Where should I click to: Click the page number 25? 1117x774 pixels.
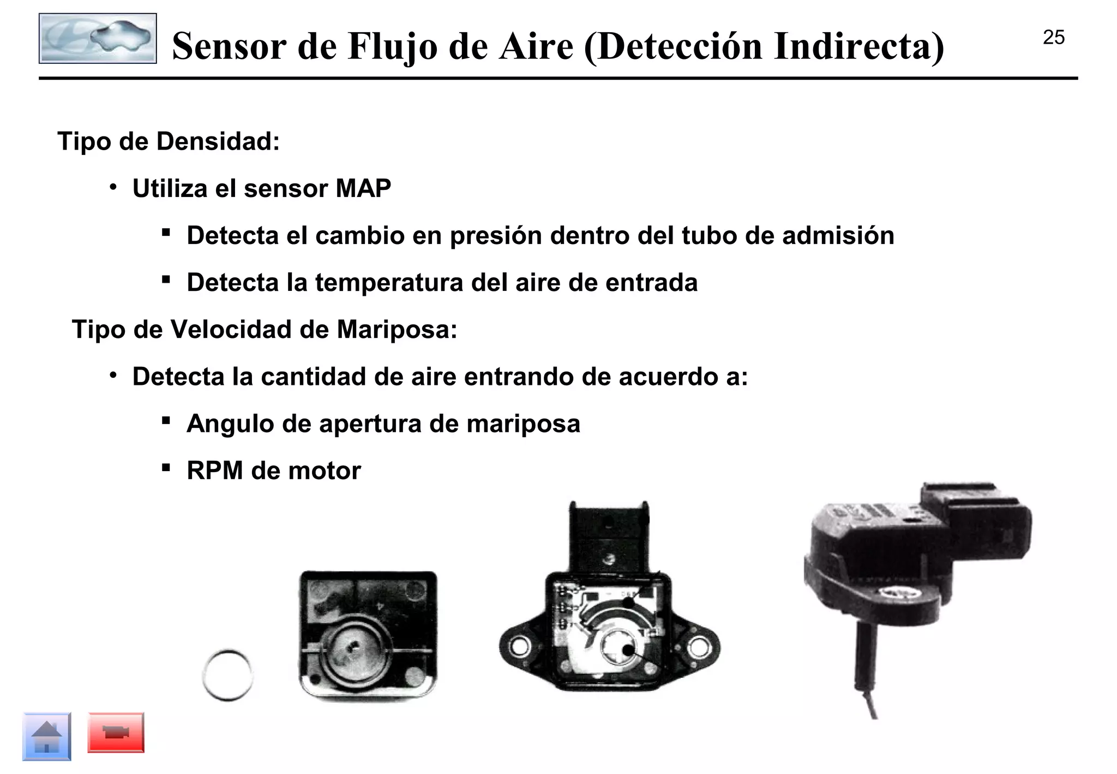click(1053, 38)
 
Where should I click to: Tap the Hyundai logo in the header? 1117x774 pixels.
click(98, 38)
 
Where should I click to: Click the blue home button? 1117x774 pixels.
click(47, 736)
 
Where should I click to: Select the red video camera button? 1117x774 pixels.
click(116, 733)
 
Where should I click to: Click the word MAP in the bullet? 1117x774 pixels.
click(363, 189)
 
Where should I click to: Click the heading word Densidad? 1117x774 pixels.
click(218, 141)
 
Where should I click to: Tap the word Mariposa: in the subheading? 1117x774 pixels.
click(397, 330)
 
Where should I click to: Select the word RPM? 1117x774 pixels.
click(214, 471)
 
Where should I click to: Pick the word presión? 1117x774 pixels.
click(495, 236)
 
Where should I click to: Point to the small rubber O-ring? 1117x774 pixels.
click(227, 675)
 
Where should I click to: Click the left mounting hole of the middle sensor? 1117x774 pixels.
click(518, 648)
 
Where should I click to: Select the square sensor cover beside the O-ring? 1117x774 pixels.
click(368, 635)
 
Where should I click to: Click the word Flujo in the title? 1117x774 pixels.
click(392, 46)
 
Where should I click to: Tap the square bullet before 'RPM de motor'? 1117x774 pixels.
click(166, 468)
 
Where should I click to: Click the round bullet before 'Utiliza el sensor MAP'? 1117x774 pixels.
click(113, 188)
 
